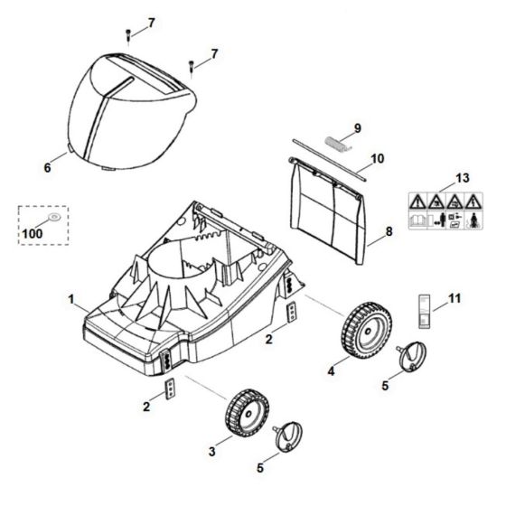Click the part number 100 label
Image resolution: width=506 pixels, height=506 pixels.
33,233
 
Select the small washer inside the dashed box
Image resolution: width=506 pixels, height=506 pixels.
54,217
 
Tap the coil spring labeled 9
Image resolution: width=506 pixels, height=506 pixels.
337,144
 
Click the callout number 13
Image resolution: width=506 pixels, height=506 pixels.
462,178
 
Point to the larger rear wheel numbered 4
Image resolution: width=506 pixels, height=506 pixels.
366,330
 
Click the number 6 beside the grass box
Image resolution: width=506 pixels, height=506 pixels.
47,167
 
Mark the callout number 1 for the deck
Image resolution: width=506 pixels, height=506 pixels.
71,299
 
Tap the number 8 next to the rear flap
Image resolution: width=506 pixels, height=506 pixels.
389,231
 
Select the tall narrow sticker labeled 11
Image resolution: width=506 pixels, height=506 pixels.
425,312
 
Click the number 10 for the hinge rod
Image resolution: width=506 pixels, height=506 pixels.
378,158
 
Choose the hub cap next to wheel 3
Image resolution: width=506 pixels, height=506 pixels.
288,436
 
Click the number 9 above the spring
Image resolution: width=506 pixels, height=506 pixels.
358,128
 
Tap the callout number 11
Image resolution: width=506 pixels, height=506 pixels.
454,298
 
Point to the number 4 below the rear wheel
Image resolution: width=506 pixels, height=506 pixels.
331,371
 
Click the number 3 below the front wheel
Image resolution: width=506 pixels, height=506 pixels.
211,452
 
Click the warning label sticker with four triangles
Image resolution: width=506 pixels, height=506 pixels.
445,211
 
